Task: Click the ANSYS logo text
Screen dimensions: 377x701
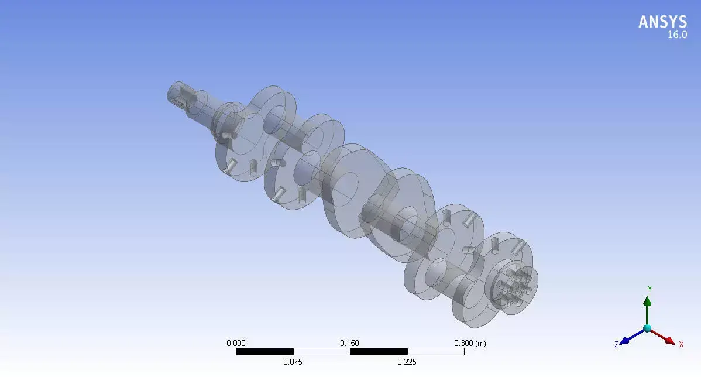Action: coord(662,22)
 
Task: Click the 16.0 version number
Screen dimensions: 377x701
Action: coord(677,35)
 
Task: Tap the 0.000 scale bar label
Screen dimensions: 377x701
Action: coord(236,344)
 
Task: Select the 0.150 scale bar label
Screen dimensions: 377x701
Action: coord(350,344)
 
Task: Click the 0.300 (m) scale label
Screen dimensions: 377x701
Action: coord(470,344)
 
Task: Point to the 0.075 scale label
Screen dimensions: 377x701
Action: coord(293,362)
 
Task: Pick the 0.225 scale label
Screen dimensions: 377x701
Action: coord(407,362)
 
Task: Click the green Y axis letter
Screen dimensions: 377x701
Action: coord(649,289)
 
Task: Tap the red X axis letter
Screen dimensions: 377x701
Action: coord(681,344)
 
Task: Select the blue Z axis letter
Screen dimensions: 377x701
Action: coord(616,345)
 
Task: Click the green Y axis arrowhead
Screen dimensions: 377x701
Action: coord(647,301)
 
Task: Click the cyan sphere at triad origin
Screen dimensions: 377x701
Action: coord(647,328)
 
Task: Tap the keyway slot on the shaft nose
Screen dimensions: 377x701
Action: coord(186,97)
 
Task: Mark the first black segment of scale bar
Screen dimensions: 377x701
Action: coord(264,352)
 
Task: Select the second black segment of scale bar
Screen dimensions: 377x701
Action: coord(378,352)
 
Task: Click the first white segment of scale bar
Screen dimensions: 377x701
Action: coord(321,352)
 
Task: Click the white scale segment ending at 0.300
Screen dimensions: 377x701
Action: coord(435,352)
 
